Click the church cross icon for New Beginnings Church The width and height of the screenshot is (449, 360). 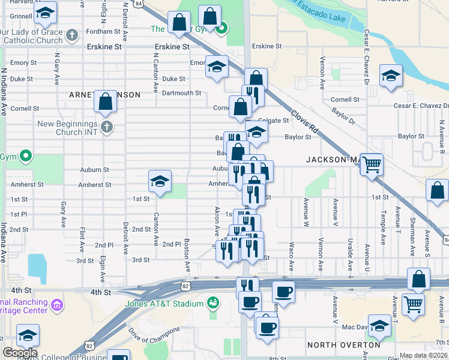(107, 127)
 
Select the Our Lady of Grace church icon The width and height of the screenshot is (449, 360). (71, 34)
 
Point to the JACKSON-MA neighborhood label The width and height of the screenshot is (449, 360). (332, 160)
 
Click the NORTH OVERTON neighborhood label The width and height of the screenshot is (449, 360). (343, 345)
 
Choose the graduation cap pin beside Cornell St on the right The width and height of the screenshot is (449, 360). (391, 76)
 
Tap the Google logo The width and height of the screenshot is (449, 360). (20, 353)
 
